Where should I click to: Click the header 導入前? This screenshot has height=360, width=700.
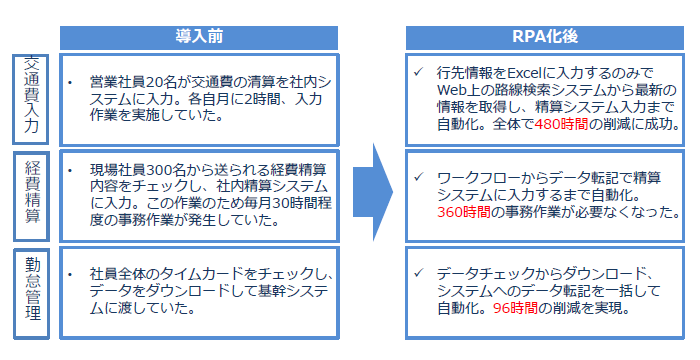click(200, 35)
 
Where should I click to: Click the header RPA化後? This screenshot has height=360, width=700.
click(543, 35)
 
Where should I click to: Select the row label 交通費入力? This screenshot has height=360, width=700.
click(31, 95)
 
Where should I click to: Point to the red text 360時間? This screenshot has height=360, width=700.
click(466, 211)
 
